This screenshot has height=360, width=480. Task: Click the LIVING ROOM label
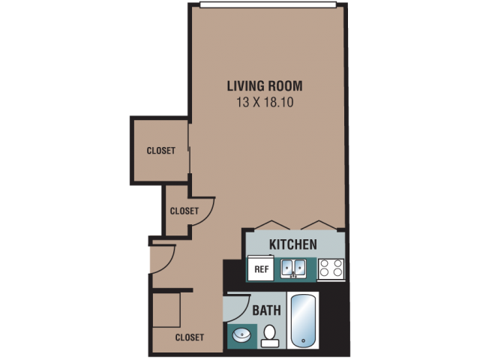(x=265, y=86)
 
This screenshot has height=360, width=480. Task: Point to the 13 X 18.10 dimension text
(x=265, y=102)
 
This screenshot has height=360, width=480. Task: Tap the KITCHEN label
(x=293, y=244)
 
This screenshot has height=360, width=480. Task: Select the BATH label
(x=267, y=310)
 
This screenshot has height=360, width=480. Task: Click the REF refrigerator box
(x=261, y=268)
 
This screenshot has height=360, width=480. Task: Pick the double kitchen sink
(x=293, y=268)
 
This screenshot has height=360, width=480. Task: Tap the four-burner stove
(x=331, y=268)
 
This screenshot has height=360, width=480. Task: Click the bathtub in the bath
(x=303, y=320)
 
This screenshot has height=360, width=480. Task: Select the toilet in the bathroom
(x=270, y=336)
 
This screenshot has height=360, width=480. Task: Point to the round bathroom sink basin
(x=241, y=335)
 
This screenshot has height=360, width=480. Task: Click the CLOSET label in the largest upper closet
(x=161, y=151)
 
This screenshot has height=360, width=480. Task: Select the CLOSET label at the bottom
(x=190, y=337)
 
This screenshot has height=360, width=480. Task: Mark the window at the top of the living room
(x=268, y=4)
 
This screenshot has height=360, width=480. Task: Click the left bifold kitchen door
(x=271, y=225)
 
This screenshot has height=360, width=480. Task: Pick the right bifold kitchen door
(x=319, y=225)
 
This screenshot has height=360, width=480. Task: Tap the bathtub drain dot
(x=303, y=340)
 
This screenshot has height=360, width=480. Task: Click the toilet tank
(x=270, y=343)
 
